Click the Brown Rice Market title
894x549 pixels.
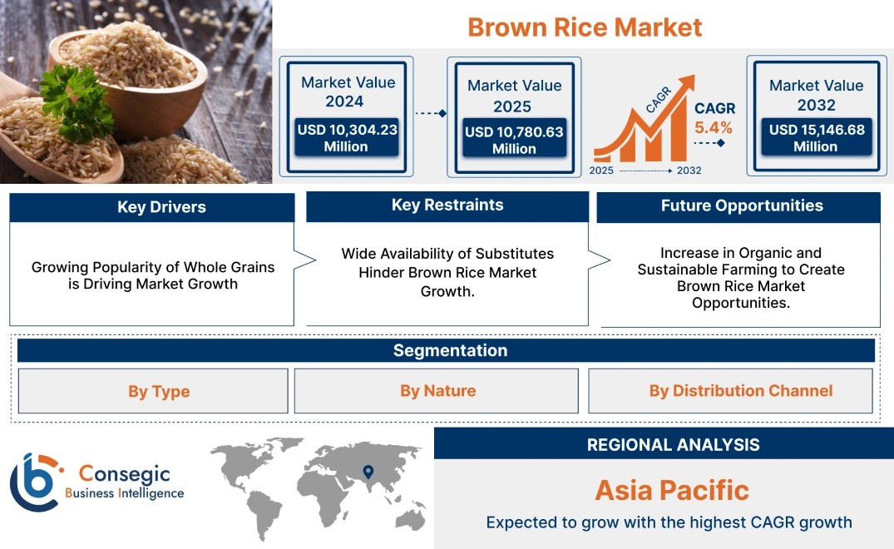coord(585,27)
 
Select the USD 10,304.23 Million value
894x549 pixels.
coord(347,138)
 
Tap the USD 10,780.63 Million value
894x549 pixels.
coord(514,141)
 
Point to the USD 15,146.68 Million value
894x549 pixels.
coord(817,138)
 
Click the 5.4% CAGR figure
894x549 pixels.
coord(714,128)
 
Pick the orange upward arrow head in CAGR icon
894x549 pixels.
coord(686,83)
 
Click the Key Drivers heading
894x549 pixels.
coord(162,207)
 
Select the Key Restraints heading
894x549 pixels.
coord(447,205)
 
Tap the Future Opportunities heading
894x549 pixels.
coord(742,205)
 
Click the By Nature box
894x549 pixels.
coord(437,390)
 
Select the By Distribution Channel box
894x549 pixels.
coord(730,390)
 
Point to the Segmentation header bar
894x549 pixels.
coord(446,350)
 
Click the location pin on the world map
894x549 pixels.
coord(368,472)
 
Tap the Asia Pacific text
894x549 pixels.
coord(672,490)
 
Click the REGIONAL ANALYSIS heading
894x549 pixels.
coord(674,445)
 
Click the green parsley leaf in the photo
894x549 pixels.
coord(78,101)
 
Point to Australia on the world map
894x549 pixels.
coord(411,519)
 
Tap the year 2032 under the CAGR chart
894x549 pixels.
coord(689,171)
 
